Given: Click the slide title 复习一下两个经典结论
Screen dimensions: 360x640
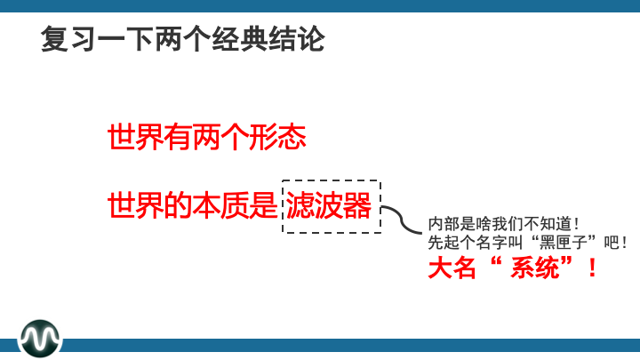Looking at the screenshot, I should click(182, 40).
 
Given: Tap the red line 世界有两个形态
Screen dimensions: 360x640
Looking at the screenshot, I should click(206, 138).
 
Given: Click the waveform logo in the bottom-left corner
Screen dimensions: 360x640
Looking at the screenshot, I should click(41, 337).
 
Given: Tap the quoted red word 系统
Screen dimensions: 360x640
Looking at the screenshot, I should click(532, 268).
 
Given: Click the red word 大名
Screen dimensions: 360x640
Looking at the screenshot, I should click(450, 268).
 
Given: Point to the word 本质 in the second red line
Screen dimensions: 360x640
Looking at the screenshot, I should click(214, 206).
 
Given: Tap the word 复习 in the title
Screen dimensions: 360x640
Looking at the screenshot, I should click(68, 40).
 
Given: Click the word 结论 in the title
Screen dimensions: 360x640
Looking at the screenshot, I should click(297, 40).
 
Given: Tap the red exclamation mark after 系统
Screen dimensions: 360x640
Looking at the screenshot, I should click(591, 268).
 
